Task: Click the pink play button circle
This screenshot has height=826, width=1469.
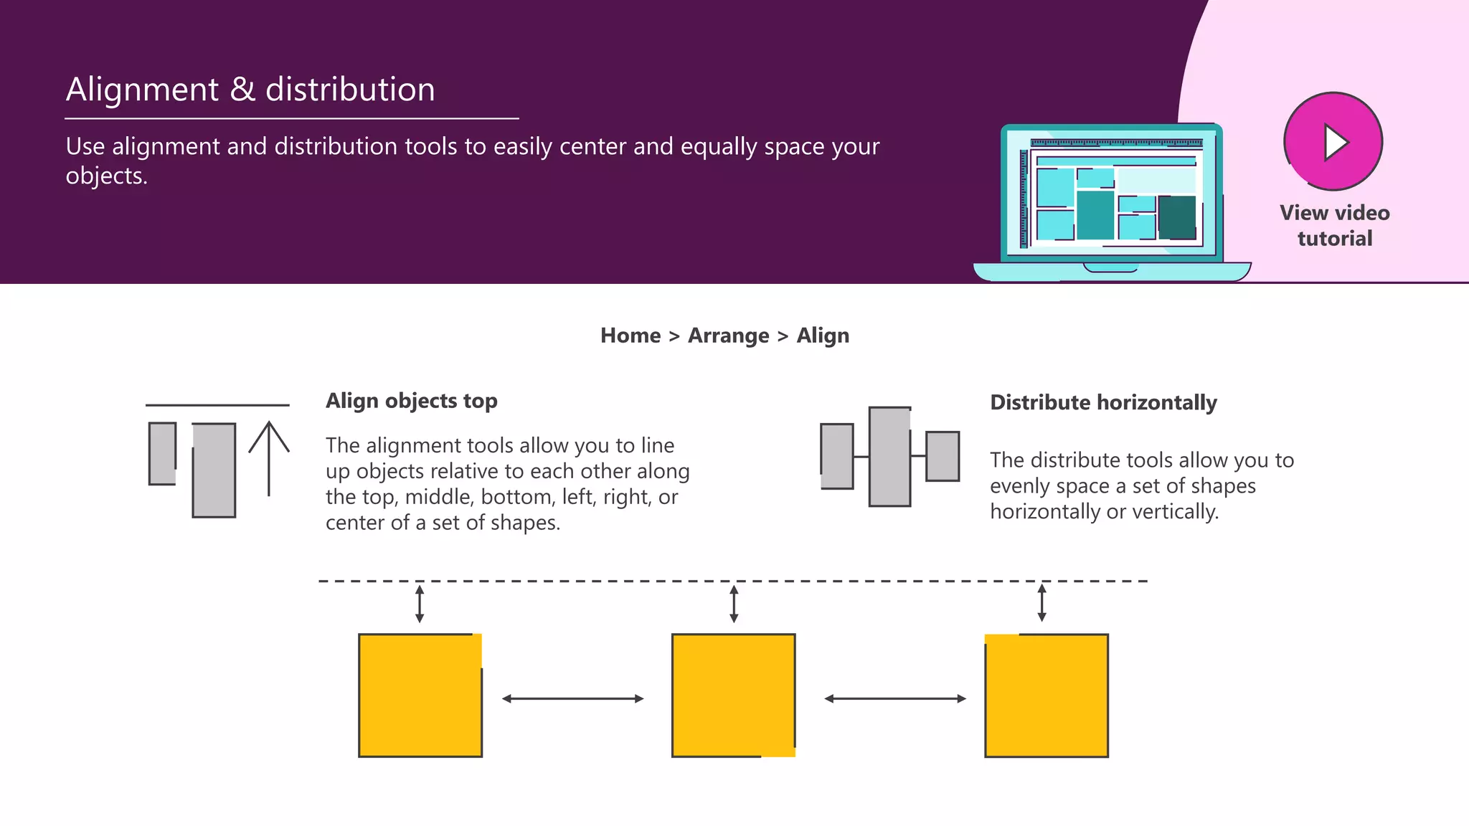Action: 1333,141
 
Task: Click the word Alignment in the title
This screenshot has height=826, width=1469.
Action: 142,90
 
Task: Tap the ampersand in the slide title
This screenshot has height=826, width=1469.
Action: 242,90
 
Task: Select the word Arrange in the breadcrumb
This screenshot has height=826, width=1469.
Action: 728,336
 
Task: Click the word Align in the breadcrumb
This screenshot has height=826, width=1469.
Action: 823,336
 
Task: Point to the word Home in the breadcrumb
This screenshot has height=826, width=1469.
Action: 630,336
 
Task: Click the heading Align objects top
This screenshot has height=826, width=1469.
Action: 411,401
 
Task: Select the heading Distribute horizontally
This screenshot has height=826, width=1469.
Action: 1103,402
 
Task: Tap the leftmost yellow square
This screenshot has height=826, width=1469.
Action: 420,695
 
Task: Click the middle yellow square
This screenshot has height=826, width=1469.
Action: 733,695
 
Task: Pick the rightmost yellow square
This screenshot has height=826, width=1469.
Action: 1047,695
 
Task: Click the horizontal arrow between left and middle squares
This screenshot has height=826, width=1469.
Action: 572,698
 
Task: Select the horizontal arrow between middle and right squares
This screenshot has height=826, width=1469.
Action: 895,698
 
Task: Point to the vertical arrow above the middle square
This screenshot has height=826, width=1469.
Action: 734,604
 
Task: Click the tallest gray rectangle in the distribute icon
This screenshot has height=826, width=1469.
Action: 889,457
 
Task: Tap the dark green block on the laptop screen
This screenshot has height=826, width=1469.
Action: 1176,217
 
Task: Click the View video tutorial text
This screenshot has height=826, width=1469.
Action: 1334,225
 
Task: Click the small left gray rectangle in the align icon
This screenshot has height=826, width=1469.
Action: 162,453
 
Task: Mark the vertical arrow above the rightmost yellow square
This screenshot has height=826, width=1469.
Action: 1042,602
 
